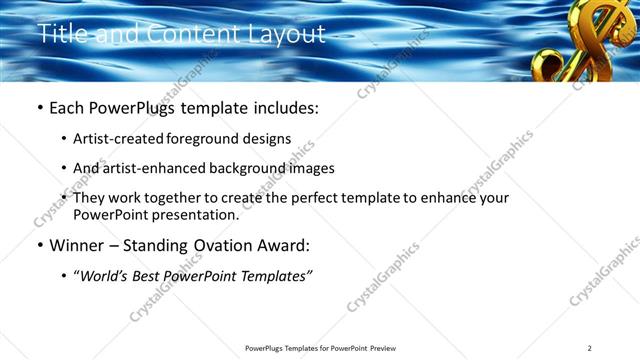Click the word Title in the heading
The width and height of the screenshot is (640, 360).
click(60, 34)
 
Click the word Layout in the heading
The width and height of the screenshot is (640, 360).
click(290, 34)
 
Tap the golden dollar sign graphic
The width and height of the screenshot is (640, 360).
click(579, 40)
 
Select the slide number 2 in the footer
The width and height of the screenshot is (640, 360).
click(590, 348)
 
